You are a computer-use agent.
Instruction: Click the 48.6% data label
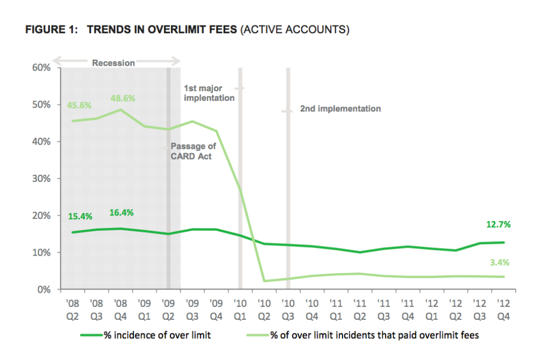coord(123,99)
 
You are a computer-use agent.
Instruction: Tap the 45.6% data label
coord(79,105)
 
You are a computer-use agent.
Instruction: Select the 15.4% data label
coord(80,216)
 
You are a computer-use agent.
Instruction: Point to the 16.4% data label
coord(122,212)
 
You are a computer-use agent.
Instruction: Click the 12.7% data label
coord(498,224)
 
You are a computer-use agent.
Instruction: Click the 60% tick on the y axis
coord(42,68)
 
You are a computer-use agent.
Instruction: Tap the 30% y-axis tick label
coord(42,179)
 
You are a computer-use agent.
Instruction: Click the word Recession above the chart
coord(113,63)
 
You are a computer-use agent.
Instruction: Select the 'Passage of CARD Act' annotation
coord(193,151)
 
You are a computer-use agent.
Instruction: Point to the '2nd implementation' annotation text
coord(340,109)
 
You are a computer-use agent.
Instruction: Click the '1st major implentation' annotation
coord(209,93)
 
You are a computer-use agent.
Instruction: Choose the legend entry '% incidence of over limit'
coord(157,335)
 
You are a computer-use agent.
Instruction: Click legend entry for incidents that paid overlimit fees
coord(374,335)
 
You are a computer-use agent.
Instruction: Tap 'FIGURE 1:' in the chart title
coord(51,30)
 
